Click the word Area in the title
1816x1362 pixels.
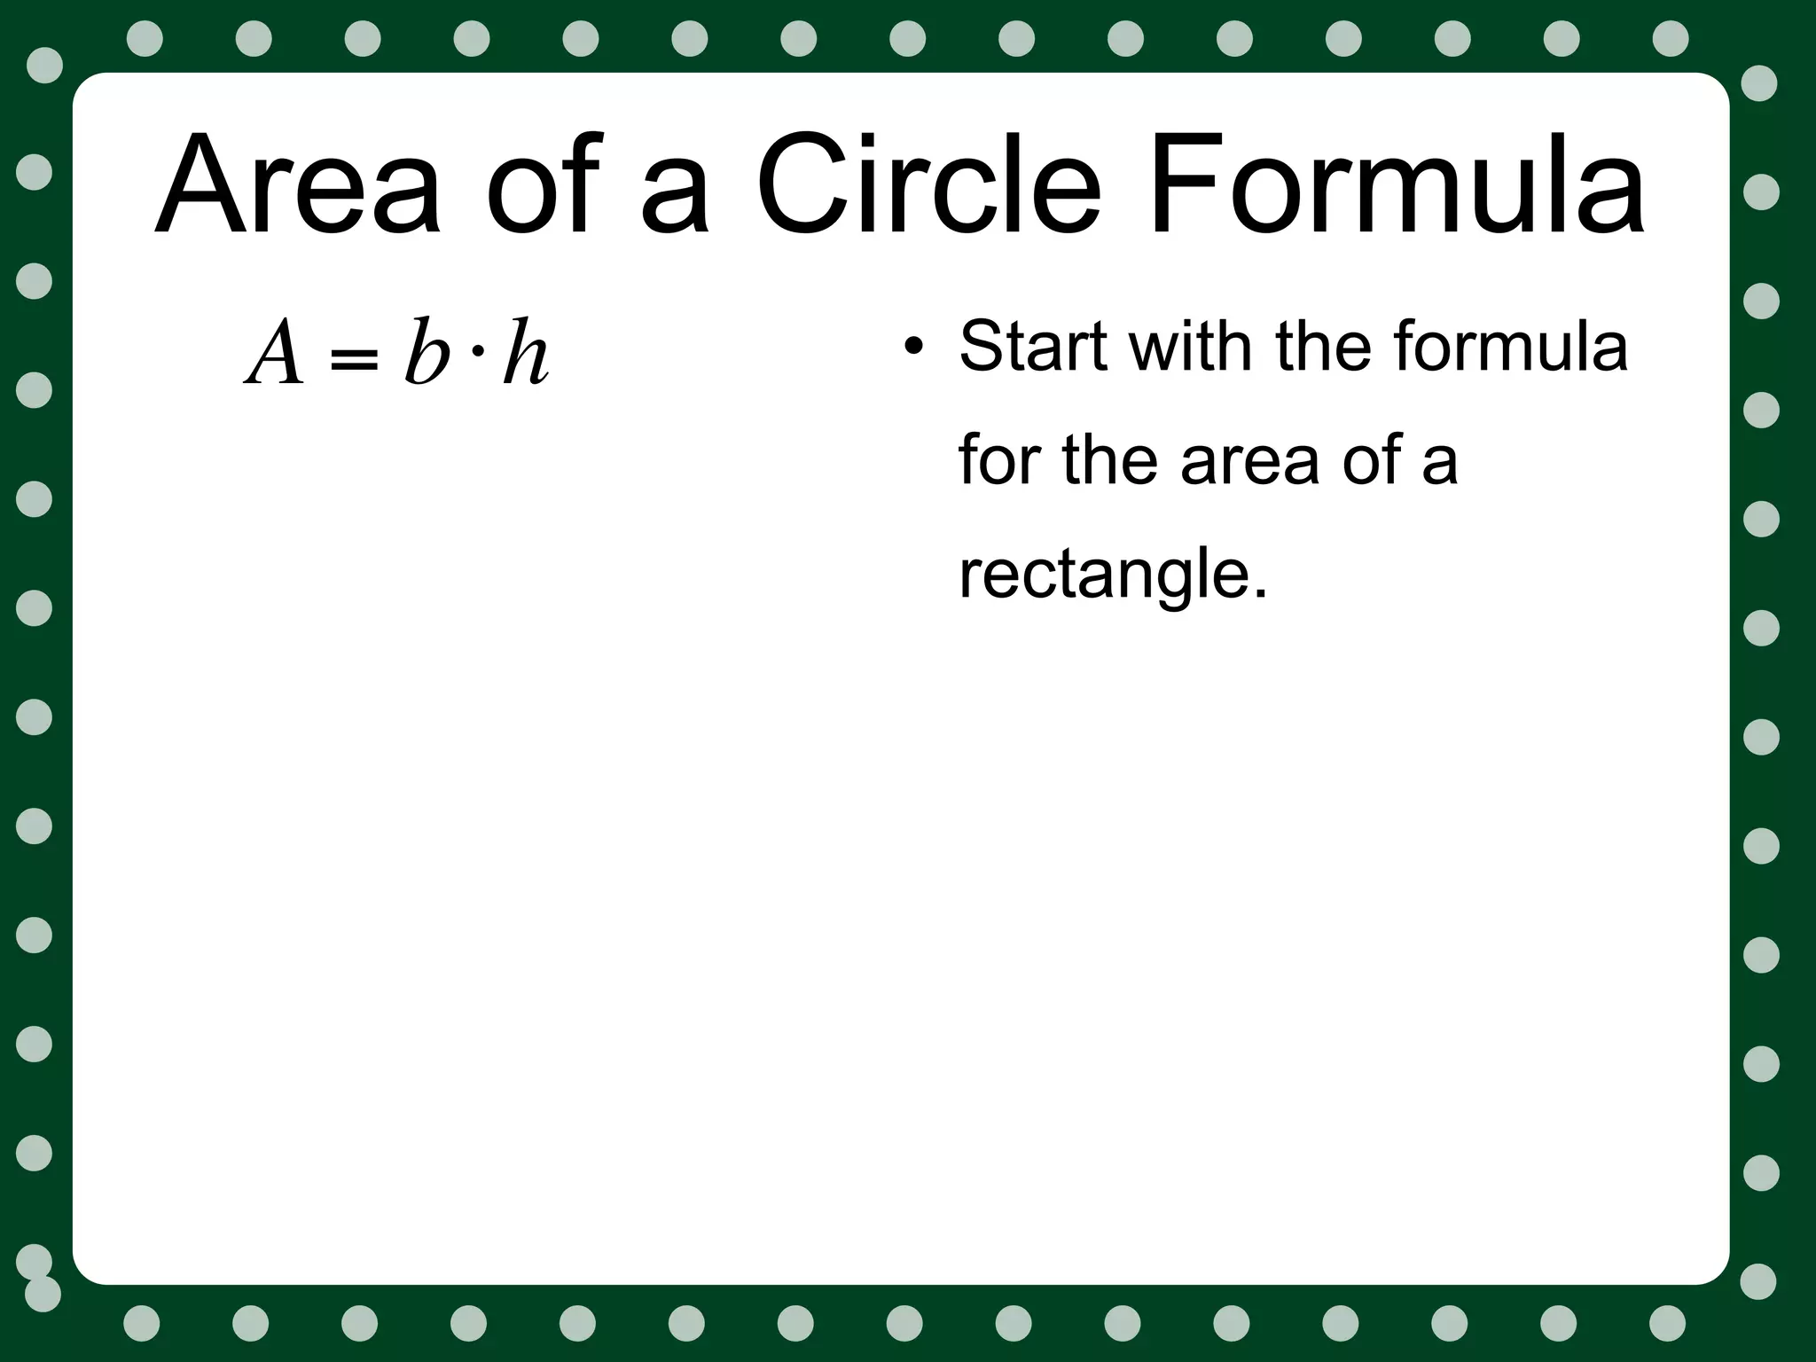(298, 185)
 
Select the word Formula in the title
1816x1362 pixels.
(1396, 185)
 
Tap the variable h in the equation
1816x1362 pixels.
(525, 354)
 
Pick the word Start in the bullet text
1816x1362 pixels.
(1033, 346)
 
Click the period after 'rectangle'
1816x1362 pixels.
(1260, 594)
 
